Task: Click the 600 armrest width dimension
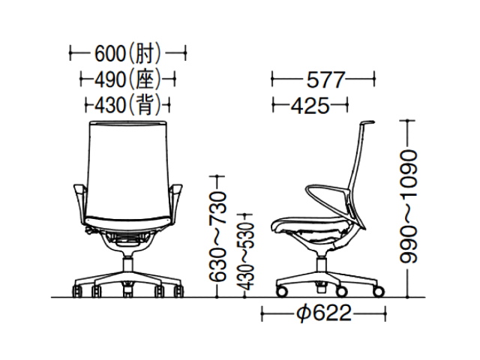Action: (x=127, y=54)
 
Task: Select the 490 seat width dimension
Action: (x=127, y=80)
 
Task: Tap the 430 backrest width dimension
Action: (x=127, y=106)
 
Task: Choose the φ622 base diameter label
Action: (x=324, y=313)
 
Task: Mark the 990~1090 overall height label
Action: (x=408, y=206)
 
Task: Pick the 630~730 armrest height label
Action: (x=217, y=236)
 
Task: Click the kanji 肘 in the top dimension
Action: (x=143, y=54)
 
